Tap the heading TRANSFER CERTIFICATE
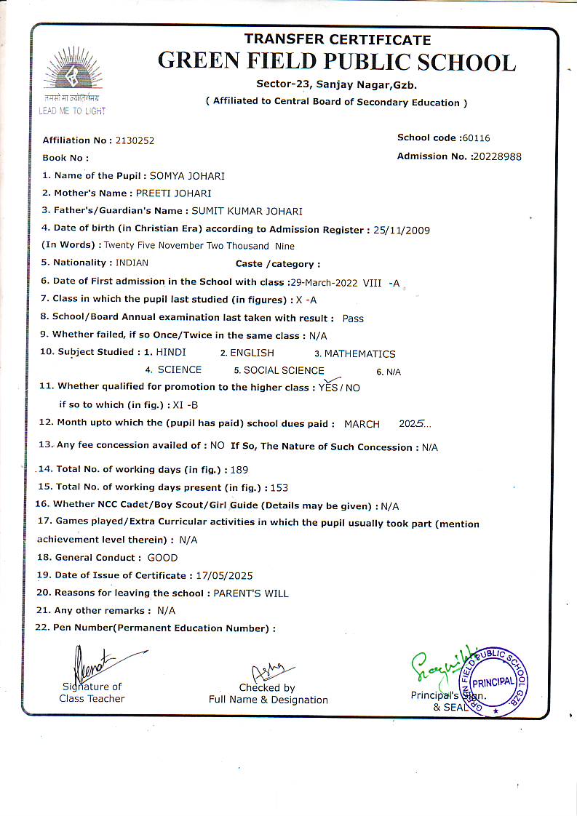(x=337, y=39)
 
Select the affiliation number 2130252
(x=130, y=140)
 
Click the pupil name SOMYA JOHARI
(x=187, y=176)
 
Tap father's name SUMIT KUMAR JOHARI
(x=247, y=212)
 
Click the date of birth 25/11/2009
(x=401, y=231)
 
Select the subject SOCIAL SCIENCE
(x=284, y=370)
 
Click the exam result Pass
(x=353, y=319)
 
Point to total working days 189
(x=239, y=470)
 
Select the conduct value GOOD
(x=162, y=558)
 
